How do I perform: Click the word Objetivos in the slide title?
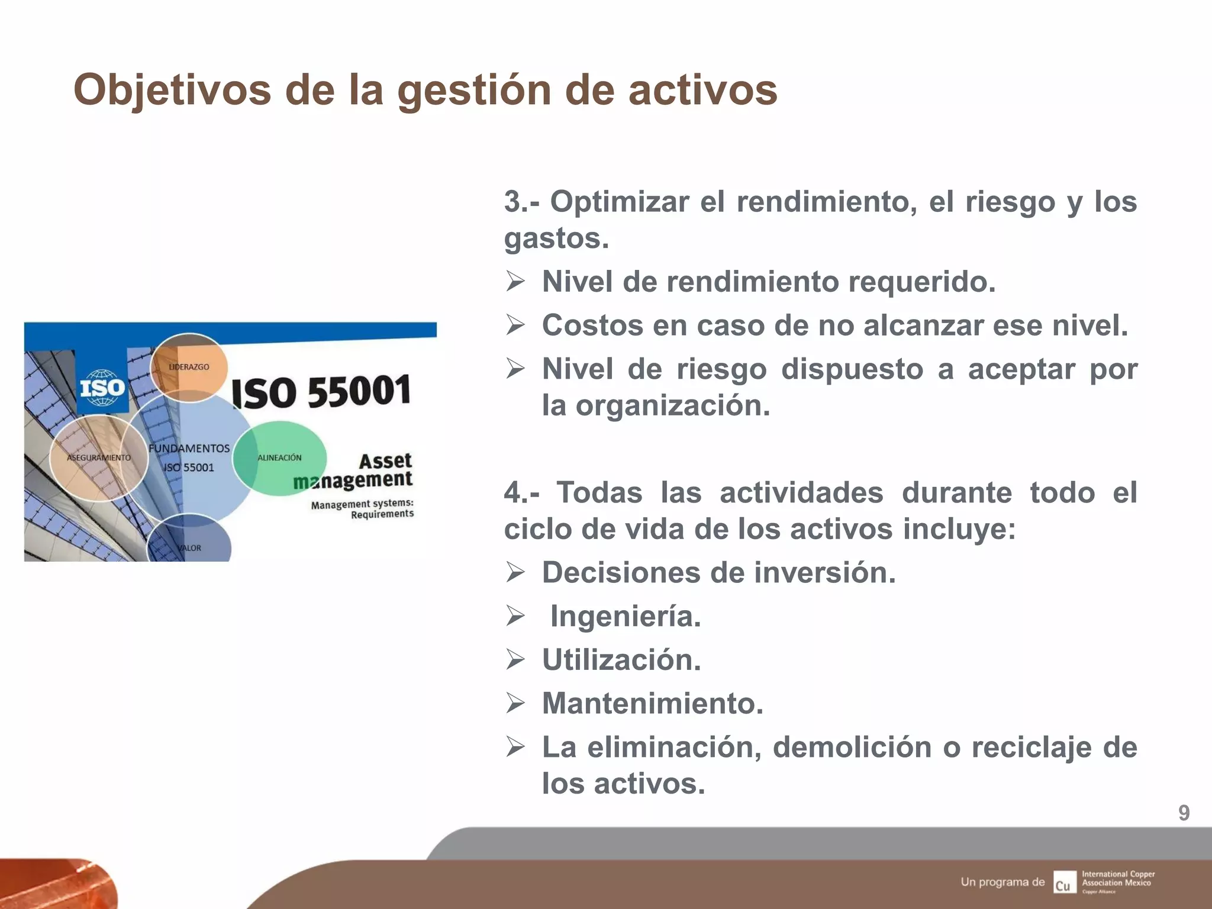point(172,90)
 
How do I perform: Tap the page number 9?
point(1183,813)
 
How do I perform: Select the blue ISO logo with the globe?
point(102,388)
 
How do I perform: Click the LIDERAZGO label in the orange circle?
point(189,367)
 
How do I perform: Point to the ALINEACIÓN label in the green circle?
point(279,457)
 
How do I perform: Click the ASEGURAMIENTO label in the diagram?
point(99,457)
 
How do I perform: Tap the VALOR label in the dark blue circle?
point(190,548)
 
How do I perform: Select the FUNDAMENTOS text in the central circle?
point(189,449)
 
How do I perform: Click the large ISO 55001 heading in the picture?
point(321,392)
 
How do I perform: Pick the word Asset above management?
point(385,460)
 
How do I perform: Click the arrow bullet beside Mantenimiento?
point(515,703)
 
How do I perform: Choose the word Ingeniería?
point(626,616)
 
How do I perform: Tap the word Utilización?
point(621,660)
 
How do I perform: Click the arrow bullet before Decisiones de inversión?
point(515,572)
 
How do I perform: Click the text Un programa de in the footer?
point(1003,882)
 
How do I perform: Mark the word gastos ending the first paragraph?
point(556,238)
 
